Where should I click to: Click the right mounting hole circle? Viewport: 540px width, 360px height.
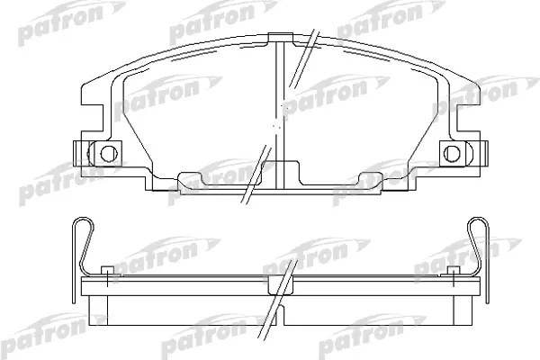pos(452,153)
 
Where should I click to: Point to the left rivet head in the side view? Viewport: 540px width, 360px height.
pos(107,270)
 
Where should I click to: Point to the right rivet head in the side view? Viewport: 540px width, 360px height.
pos(454,270)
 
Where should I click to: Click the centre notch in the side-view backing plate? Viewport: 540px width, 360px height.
pos(281,285)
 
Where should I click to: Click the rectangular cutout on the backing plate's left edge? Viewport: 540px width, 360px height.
pos(92,118)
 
